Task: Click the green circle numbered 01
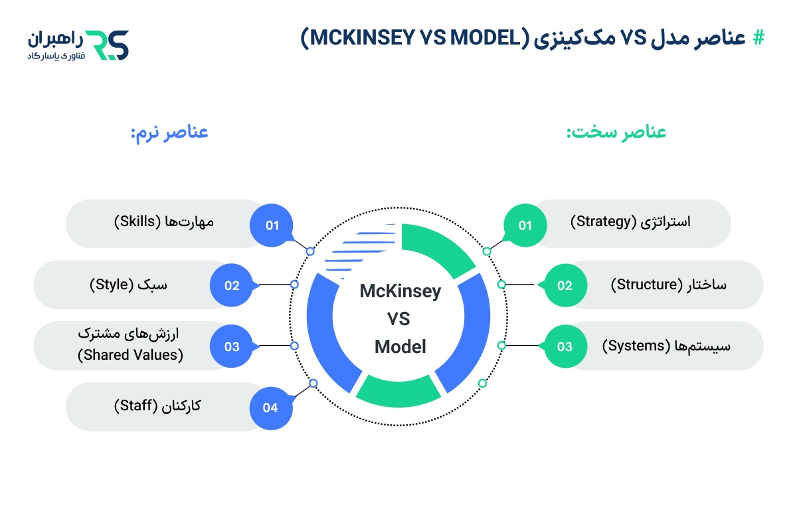525,225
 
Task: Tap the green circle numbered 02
565,285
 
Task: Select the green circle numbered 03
565,346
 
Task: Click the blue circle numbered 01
272,225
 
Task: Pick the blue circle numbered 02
231,285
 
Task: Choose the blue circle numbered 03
231,346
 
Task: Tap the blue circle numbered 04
271,408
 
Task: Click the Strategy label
630,221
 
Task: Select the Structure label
668,285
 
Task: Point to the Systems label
664,346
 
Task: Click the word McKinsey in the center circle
400,291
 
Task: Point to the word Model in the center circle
400,346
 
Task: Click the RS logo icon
109,44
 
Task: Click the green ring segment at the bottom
398,392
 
